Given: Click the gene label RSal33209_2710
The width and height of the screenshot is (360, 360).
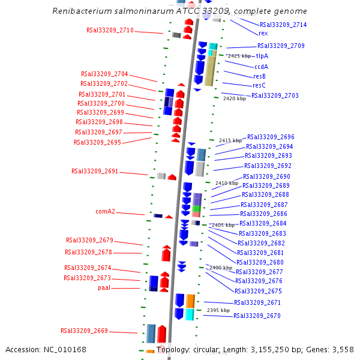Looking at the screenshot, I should tap(110, 30).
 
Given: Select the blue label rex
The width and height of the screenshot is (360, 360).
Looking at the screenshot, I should tap(263, 34).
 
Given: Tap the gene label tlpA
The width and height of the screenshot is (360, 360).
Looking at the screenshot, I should tap(262, 56).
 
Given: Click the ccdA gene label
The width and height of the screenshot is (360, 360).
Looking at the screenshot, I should tap(261, 67).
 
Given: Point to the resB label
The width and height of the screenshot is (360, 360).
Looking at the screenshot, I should tap(260, 76).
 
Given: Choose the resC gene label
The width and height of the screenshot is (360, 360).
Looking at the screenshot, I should tap(259, 86).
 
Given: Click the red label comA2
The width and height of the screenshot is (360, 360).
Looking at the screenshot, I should tap(105, 211).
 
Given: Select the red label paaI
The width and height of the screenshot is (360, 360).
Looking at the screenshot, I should tap(104, 288).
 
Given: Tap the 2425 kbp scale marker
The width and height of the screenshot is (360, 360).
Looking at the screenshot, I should tap(239, 56).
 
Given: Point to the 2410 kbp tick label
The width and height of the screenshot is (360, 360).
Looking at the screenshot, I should tap(227, 183).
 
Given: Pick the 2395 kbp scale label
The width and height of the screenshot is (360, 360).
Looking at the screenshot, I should tap(218, 310).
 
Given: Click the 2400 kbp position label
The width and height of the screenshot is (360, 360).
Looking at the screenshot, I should tap(220, 268).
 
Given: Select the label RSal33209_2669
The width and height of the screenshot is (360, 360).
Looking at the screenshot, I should tap(84, 331).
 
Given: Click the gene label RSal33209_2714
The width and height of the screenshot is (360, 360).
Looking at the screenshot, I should tap(283, 25).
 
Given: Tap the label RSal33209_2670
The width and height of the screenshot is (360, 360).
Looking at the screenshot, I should tap(257, 316).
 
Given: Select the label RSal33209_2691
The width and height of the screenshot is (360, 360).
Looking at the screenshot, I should tap(95, 171).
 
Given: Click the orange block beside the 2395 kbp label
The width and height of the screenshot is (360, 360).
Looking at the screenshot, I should tap(190, 301).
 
